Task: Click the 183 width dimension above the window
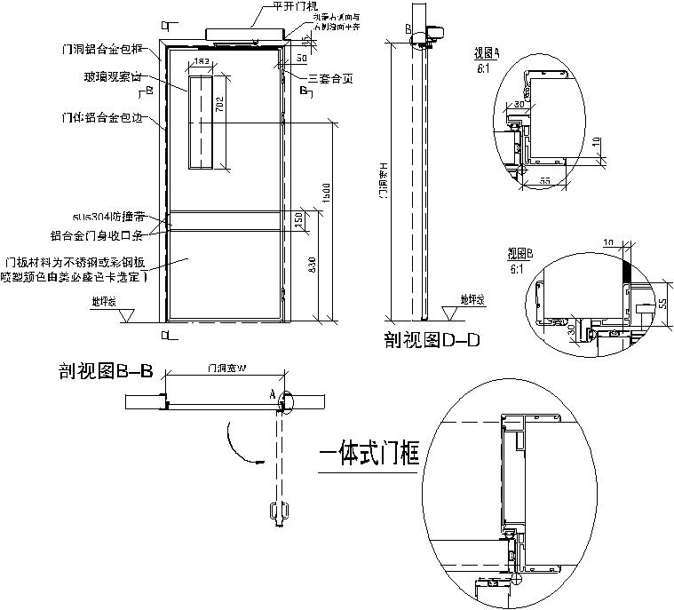click(201, 61)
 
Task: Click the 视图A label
click(487, 53)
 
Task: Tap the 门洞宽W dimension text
click(226, 368)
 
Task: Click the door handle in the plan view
click(277, 513)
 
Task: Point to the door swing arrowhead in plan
click(258, 461)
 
